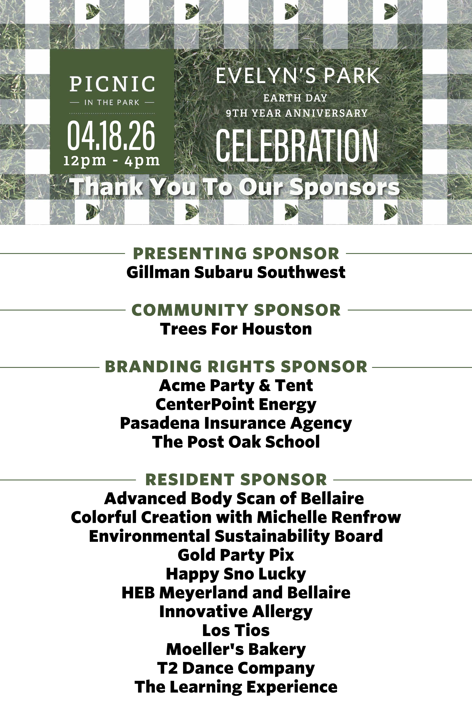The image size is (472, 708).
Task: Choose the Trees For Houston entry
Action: (x=236, y=329)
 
